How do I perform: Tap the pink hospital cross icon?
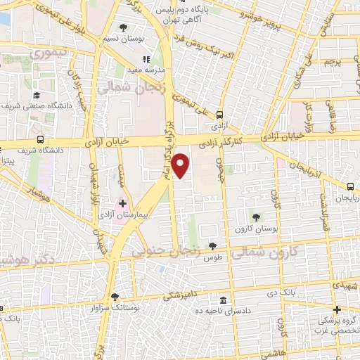point(122,202)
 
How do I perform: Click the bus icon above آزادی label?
point(220,115)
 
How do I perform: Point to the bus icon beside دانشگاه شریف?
point(41,139)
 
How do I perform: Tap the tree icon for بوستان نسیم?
point(124,27)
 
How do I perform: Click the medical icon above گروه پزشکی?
point(337,309)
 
